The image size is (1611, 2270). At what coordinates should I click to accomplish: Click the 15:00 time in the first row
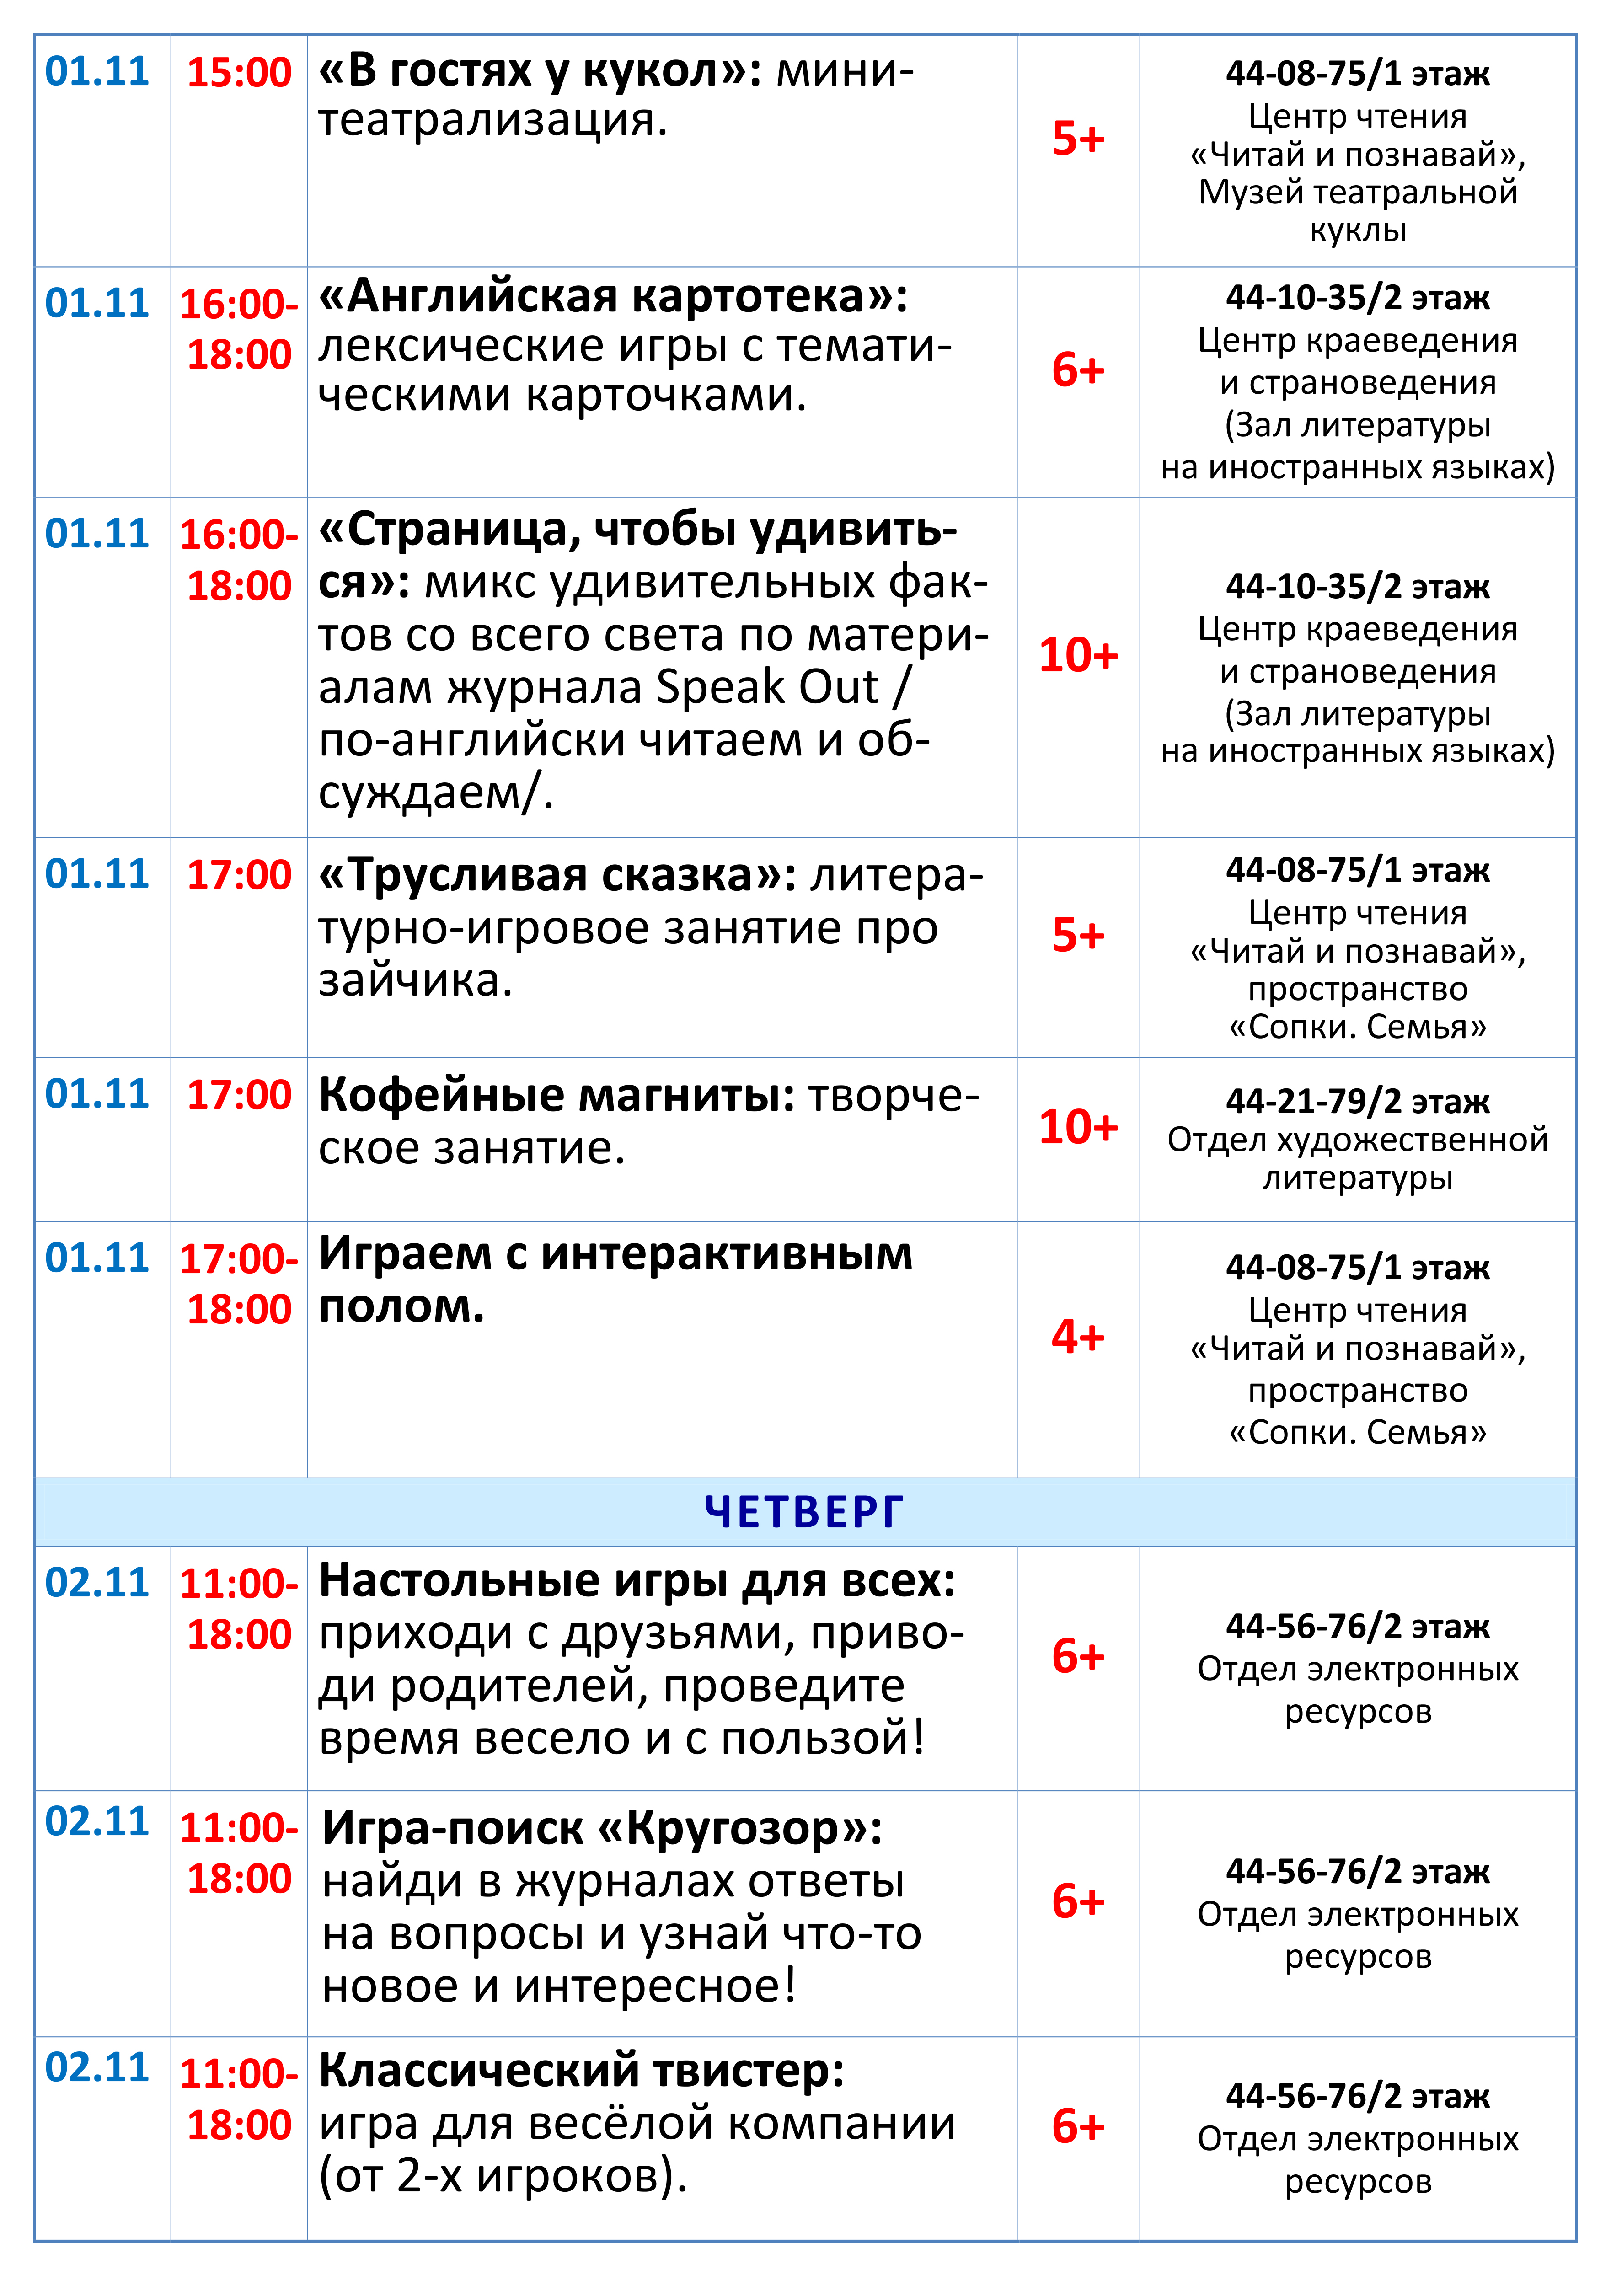[239, 72]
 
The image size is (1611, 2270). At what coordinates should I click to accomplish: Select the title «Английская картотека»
[612, 296]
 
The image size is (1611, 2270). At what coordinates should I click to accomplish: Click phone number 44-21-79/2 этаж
[1357, 1101]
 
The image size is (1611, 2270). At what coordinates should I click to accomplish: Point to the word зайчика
[415, 980]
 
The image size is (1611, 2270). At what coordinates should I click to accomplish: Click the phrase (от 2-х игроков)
[502, 2177]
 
